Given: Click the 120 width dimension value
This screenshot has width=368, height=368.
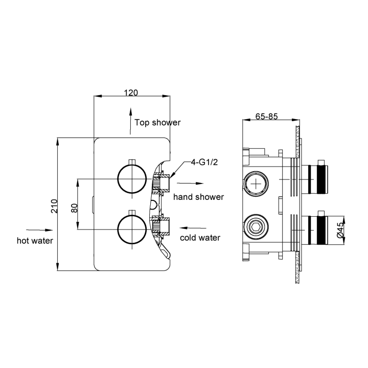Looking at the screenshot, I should [x=131, y=93].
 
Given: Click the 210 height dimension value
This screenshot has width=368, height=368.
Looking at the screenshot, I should [x=53, y=205].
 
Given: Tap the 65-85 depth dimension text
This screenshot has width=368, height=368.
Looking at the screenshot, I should [x=266, y=117].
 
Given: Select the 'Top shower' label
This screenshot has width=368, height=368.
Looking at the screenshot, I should [x=157, y=123].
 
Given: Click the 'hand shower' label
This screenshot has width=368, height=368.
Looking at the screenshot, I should [x=198, y=197].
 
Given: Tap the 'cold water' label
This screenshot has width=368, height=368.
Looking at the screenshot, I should [x=200, y=238].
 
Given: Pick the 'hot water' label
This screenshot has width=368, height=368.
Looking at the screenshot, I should [x=35, y=240].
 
